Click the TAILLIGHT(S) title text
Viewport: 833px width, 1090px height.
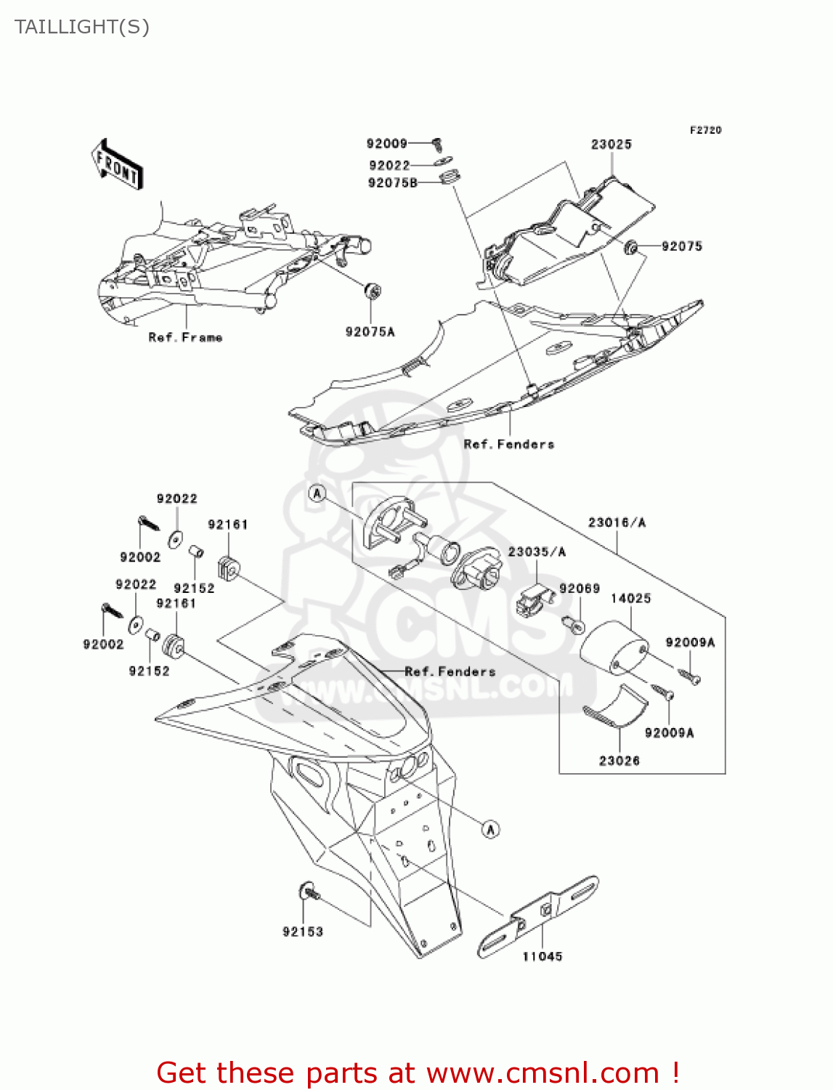click(x=81, y=27)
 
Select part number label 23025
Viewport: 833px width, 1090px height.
click(x=611, y=145)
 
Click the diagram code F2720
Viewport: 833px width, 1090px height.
click(x=705, y=130)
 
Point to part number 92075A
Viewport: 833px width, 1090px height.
click(x=370, y=332)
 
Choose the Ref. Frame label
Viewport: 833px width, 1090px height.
click(x=185, y=337)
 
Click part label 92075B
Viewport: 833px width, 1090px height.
click(x=392, y=183)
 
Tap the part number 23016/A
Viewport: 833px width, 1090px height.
click(x=617, y=522)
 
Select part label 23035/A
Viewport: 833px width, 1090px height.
click(x=537, y=552)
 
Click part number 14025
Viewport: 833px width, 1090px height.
click(x=630, y=598)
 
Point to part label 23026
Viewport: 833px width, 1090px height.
click(x=619, y=761)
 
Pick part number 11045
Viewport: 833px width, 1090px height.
click(x=543, y=956)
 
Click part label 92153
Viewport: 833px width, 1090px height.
click(x=303, y=932)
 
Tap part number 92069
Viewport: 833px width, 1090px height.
click(x=580, y=589)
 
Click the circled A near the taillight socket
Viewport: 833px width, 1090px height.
click(x=317, y=494)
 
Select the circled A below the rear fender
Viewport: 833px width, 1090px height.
click(x=491, y=829)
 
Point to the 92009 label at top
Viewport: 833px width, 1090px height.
click(x=386, y=144)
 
